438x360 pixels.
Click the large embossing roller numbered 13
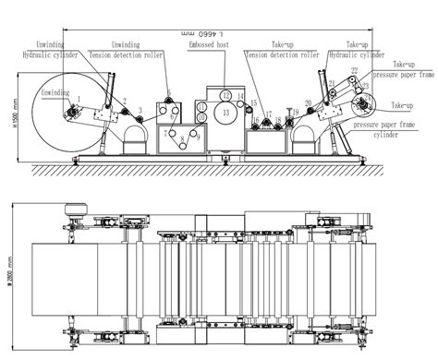[x=225, y=113]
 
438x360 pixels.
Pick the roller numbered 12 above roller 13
[x=225, y=94]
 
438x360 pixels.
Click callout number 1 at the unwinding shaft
[x=79, y=98]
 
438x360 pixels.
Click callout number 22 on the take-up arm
[x=353, y=70]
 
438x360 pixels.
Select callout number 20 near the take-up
[x=307, y=103]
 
